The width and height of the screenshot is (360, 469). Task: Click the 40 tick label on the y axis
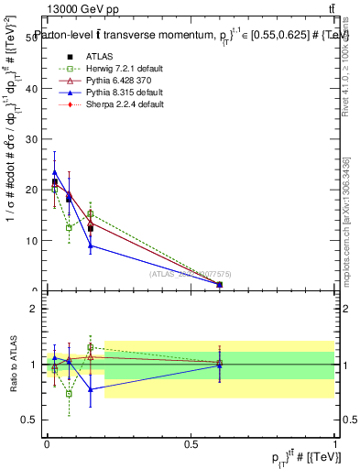(x=34, y=89)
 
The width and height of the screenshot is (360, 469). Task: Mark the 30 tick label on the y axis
(x=34, y=139)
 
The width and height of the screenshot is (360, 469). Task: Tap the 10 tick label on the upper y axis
(x=34, y=241)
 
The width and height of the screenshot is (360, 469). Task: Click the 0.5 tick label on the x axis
(x=191, y=443)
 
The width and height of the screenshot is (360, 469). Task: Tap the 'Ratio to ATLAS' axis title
(x=13, y=365)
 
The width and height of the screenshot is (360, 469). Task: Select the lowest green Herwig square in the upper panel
(x=69, y=227)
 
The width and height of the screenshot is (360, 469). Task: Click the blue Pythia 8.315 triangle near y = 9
(x=91, y=245)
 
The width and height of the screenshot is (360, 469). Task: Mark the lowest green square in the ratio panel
(x=69, y=394)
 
